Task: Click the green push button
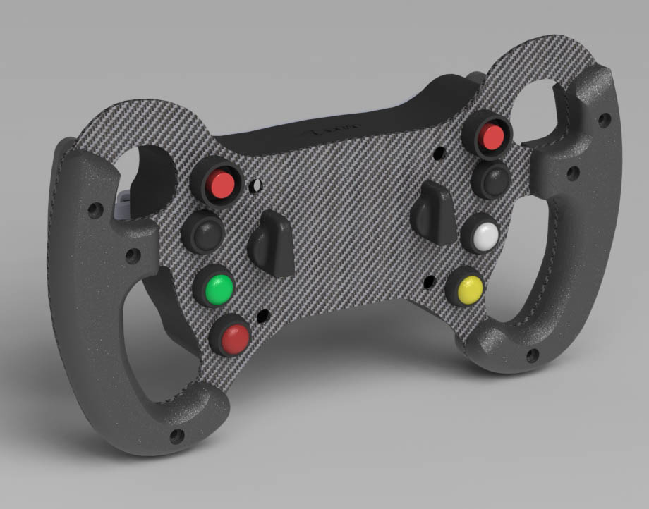[x=218, y=288]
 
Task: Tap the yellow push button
[x=469, y=288]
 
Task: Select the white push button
[x=485, y=237]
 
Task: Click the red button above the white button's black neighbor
[x=491, y=137]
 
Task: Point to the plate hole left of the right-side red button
[x=440, y=152]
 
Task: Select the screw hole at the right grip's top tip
[x=604, y=118]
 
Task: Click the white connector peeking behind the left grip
[x=123, y=204]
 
